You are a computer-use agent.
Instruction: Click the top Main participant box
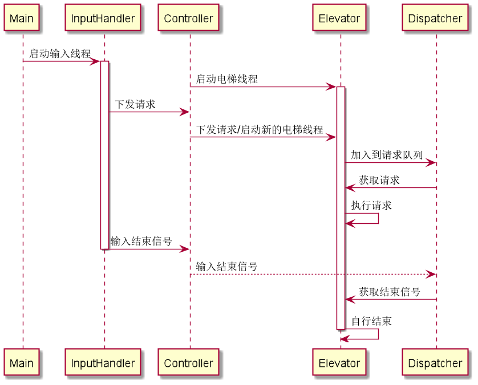click(x=22, y=18)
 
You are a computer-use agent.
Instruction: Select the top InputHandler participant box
click(x=103, y=18)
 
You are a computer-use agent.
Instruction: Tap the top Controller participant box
click(x=188, y=18)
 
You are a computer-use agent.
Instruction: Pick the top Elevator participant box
click(x=339, y=18)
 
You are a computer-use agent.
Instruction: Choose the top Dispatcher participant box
click(x=435, y=18)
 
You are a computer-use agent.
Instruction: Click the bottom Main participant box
click(x=22, y=363)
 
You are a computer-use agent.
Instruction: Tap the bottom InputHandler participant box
click(x=103, y=363)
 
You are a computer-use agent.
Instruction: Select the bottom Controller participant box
click(x=188, y=363)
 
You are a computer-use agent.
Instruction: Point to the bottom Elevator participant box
click(x=339, y=363)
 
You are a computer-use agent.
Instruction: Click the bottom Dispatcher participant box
click(x=435, y=363)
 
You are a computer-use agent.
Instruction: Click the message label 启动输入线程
click(x=60, y=54)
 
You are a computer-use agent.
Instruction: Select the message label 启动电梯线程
click(x=226, y=79)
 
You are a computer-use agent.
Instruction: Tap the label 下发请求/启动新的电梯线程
click(x=260, y=129)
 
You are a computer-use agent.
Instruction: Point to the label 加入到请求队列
click(x=387, y=155)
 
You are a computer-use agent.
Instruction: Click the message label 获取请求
click(x=379, y=180)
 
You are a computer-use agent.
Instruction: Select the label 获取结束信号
click(x=390, y=292)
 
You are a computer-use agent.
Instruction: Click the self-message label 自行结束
click(x=371, y=321)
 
